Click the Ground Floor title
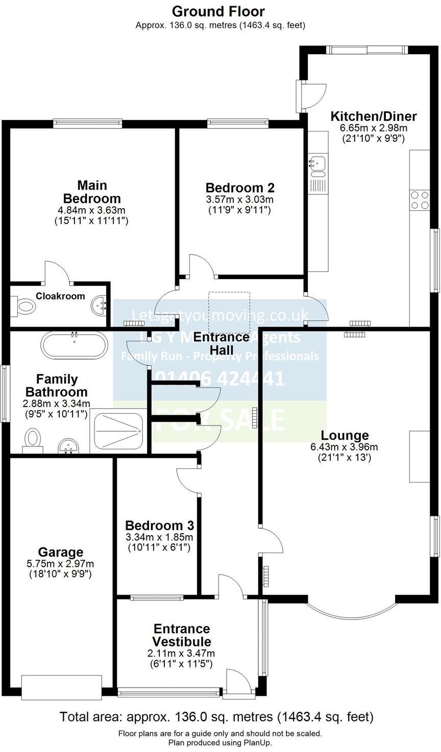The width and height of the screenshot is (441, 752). [218, 11]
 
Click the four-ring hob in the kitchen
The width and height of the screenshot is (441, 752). [420, 200]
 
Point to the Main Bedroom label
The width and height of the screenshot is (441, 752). [92, 192]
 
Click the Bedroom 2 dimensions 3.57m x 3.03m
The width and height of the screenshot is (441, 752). [239, 199]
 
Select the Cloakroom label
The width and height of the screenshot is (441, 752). [60, 296]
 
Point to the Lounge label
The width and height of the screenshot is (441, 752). [345, 435]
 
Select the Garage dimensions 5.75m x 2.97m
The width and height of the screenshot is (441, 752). [61, 564]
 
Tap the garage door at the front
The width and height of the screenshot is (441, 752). [61, 687]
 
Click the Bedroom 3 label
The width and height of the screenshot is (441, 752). [159, 525]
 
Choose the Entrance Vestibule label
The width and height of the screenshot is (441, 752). [182, 635]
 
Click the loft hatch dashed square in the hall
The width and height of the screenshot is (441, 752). [229, 308]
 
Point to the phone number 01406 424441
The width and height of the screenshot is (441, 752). [219, 378]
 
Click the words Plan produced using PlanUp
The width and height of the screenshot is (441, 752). [220, 743]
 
